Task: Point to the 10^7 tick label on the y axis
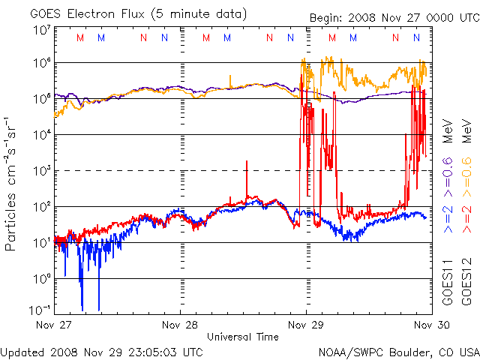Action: (41, 31)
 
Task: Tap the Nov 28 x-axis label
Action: (181, 325)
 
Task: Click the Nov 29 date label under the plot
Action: (307, 325)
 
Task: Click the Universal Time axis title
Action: (243, 337)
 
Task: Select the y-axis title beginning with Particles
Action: (13, 183)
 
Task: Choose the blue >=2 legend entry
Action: (448, 217)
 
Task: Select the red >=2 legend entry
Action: (466, 217)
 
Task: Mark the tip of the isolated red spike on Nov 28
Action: (246, 161)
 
